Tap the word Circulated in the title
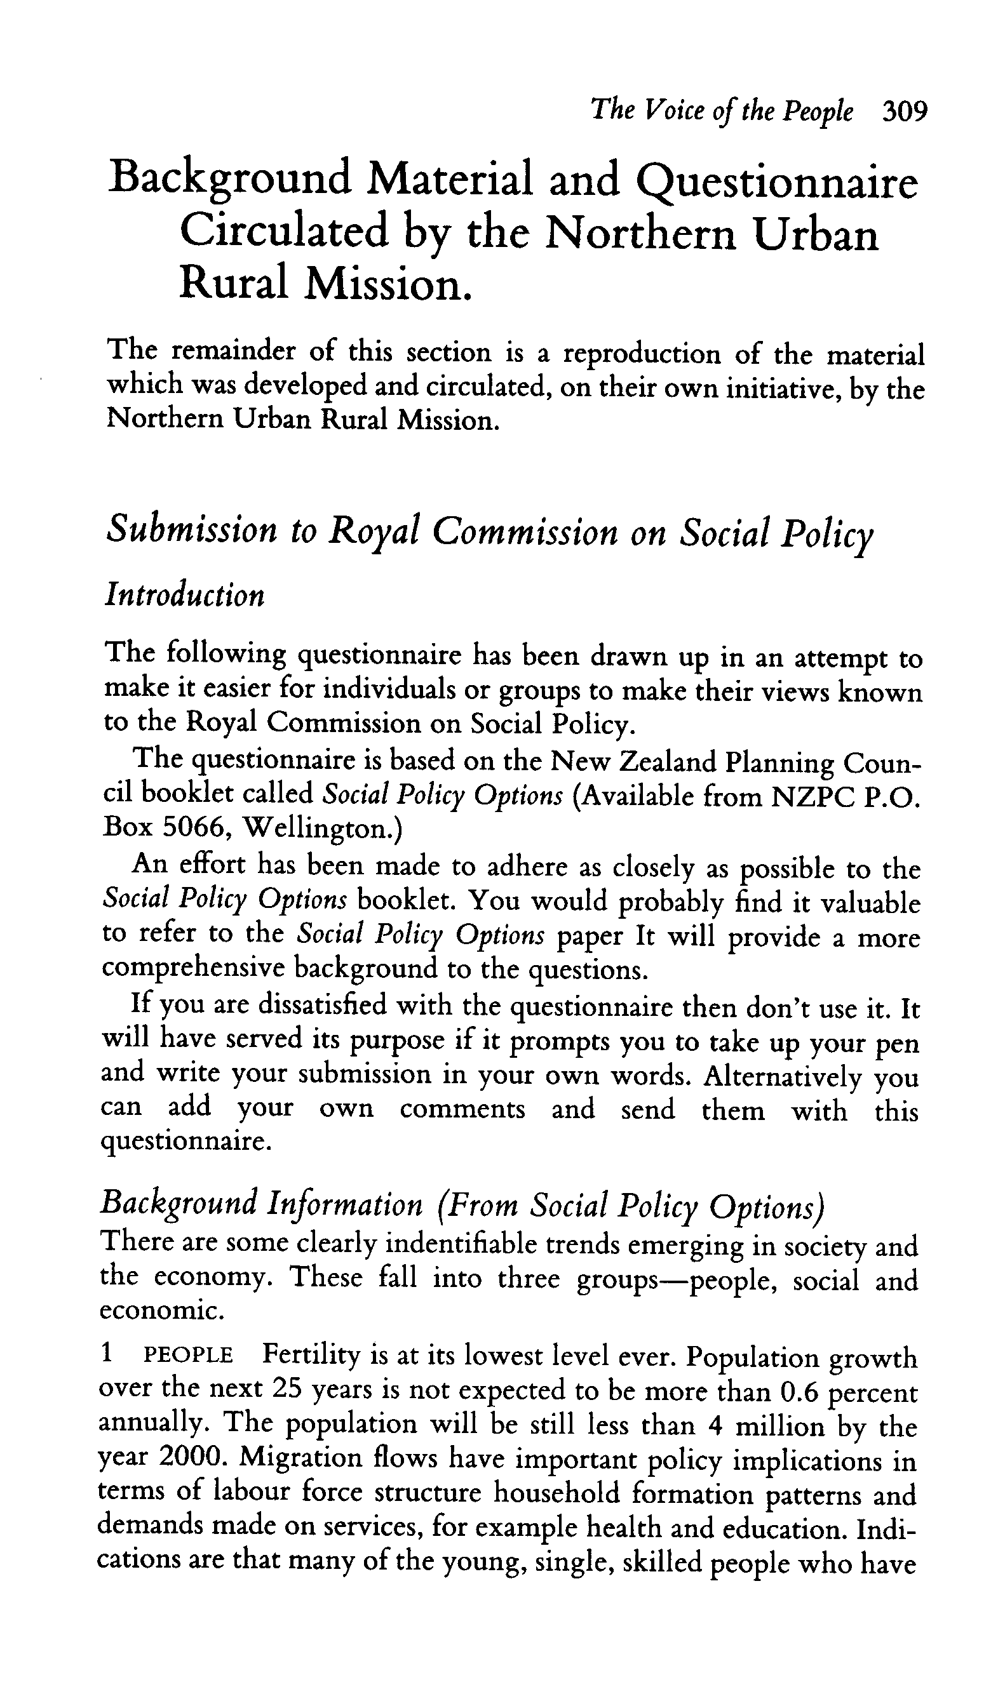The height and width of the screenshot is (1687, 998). pyautogui.click(x=284, y=232)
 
